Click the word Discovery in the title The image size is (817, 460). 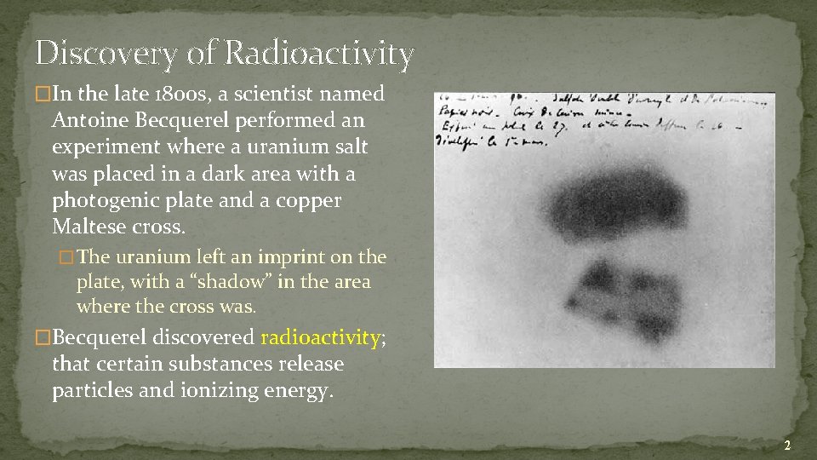(106, 54)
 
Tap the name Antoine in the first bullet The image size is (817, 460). (89, 120)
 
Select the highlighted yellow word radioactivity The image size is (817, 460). (320, 337)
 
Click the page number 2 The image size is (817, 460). (787, 446)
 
